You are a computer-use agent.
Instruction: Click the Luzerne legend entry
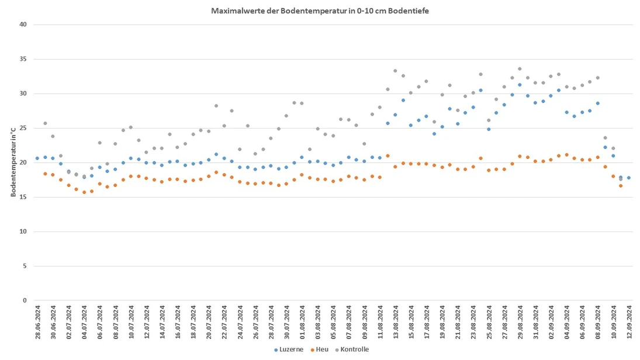coord(289,349)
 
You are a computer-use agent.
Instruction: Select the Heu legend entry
coord(319,349)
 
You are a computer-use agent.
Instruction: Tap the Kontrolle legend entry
coord(352,349)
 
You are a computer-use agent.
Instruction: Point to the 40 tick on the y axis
coord(23,25)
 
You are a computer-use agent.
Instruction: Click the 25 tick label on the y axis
coord(23,128)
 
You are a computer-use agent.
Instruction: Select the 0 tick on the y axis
coord(25,300)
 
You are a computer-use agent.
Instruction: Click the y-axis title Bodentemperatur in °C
coord(13,162)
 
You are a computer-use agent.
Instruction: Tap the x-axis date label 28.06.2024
coord(38,323)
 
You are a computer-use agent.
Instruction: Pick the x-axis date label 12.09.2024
coord(629,323)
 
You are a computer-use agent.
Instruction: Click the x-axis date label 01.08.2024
coord(302,323)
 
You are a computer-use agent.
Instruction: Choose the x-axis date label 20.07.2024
coord(209,323)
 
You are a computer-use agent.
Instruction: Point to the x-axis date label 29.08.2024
coord(520,323)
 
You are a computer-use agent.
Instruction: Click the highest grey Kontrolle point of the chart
coord(520,69)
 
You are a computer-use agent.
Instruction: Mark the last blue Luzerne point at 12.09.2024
coord(628,178)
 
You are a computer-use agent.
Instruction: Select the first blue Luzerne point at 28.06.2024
coord(37,158)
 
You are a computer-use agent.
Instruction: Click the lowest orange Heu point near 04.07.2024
coord(84,192)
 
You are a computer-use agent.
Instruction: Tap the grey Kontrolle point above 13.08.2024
coord(395,71)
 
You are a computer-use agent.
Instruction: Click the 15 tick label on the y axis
coord(23,197)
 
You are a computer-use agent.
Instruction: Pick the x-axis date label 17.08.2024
coord(427,323)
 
